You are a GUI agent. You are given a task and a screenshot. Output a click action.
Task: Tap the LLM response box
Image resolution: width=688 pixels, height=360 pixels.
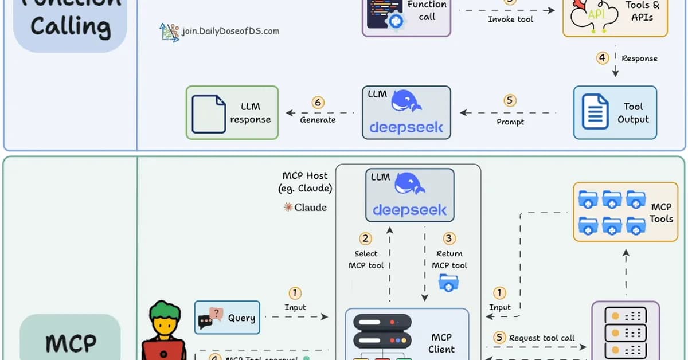tap(232, 112)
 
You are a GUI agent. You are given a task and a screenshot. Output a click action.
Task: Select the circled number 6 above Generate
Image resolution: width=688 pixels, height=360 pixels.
tap(318, 103)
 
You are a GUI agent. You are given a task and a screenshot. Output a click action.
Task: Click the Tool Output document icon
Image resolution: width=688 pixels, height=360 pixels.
tap(595, 112)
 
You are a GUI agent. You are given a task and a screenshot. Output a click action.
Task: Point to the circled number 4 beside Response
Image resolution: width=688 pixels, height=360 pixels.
tap(602, 58)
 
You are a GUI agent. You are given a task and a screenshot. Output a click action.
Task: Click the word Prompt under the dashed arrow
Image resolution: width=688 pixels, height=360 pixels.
tap(510, 122)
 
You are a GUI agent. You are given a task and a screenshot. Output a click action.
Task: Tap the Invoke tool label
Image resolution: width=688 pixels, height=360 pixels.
tap(510, 19)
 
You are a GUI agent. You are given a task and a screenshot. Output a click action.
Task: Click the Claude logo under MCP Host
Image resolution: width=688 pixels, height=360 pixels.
tap(305, 207)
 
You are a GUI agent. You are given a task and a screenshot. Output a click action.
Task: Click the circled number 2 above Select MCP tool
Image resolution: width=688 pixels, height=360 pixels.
tap(365, 238)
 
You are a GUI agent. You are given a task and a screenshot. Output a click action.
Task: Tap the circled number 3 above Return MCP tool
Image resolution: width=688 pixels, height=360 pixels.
tap(449, 238)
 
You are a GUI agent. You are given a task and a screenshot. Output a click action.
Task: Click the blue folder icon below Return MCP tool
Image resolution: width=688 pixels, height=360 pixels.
tap(448, 282)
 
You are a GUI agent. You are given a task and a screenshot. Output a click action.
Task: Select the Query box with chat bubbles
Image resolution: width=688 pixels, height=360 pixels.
tap(227, 318)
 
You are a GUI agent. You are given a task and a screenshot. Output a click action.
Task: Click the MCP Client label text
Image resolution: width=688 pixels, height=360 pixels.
tap(441, 343)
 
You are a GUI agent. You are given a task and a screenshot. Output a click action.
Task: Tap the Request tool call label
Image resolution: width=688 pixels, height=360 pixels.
tap(541, 338)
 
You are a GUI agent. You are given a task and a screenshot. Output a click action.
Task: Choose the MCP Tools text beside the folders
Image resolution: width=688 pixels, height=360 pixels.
tap(661, 213)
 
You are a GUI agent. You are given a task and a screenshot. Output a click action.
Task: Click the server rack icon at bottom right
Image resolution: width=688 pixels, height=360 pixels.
tap(626, 332)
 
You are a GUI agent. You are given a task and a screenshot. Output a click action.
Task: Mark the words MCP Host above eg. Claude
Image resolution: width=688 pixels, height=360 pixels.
tap(305, 175)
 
